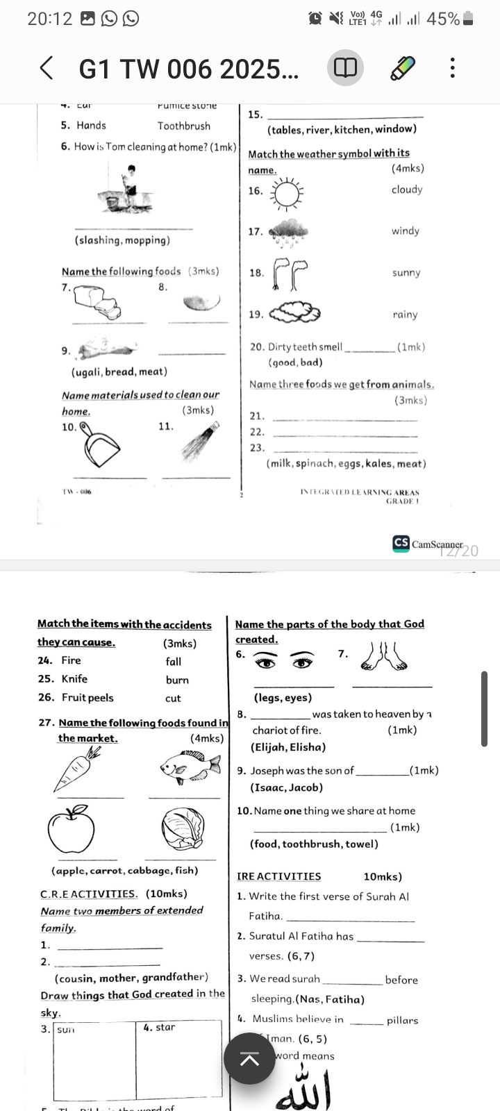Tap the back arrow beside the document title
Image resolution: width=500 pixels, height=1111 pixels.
click(47, 69)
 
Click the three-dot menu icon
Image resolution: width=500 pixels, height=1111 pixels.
click(452, 68)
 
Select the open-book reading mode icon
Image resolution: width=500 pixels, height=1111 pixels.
click(345, 68)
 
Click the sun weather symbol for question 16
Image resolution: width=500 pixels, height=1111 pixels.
click(285, 192)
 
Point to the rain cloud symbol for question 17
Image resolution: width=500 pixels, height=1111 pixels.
click(287, 232)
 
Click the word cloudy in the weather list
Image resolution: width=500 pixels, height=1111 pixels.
click(407, 190)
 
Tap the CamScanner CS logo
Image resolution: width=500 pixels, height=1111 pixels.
click(401, 543)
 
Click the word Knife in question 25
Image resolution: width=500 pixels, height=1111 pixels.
click(74, 678)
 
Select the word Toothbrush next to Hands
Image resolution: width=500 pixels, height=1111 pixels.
click(183, 126)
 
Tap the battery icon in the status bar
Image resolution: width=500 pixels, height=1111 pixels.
click(468, 19)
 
